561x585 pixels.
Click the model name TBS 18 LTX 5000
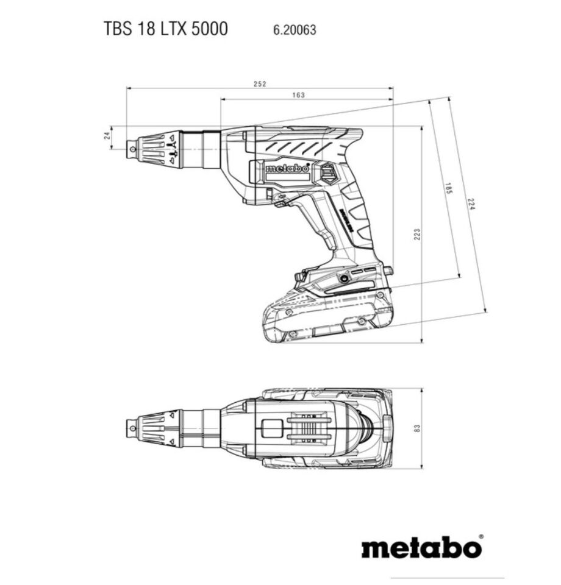click(x=166, y=29)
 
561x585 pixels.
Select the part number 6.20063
click(x=290, y=29)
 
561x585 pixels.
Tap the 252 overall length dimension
click(x=260, y=84)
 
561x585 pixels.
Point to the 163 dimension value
click(x=299, y=95)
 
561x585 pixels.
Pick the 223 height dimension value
click(x=417, y=234)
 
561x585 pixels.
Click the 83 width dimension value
click(x=417, y=428)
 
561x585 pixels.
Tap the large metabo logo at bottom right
click(x=421, y=547)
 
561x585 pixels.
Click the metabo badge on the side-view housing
click(x=287, y=168)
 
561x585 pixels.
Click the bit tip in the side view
click(x=130, y=146)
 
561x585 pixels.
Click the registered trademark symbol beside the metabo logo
click(x=481, y=537)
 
